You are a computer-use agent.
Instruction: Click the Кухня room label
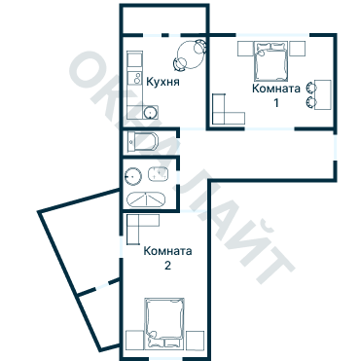click(162, 82)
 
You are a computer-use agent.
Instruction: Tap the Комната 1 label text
click(276, 95)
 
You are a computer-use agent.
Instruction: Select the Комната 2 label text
click(167, 258)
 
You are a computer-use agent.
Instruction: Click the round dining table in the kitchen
click(191, 54)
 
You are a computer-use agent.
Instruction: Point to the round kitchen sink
click(150, 113)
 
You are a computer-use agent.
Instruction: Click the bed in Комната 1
click(271, 61)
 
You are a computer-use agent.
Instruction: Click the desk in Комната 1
click(323, 94)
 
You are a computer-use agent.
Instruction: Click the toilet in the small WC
click(143, 141)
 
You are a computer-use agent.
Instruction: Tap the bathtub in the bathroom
click(146, 199)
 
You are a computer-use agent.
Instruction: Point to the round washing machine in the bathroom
click(133, 176)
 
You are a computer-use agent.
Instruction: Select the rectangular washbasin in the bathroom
click(159, 174)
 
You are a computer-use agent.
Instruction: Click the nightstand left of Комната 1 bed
click(245, 49)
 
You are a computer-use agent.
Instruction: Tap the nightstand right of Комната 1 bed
click(297, 49)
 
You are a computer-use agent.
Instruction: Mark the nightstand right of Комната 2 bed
click(195, 340)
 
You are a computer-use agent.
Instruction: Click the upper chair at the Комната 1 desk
click(311, 88)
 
